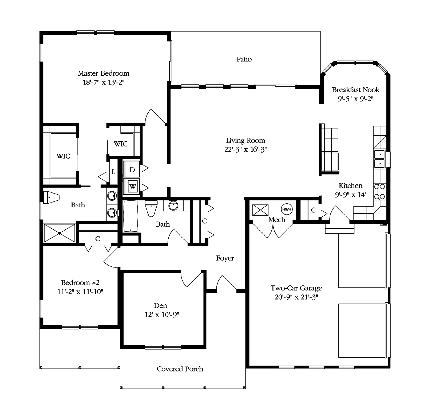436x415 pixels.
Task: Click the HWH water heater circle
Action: [x=287, y=209]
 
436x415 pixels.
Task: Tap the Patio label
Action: [x=244, y=59]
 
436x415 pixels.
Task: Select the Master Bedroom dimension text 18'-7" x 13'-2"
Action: [x=104, y=82]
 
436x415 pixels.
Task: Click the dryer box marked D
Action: [x=132, y=170]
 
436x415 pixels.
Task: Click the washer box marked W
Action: [x=133, y=186]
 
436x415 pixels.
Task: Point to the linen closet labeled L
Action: [x=113, y=172]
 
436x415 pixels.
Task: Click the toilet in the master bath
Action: [x=51, y=197]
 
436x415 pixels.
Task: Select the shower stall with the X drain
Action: [x=60, y=233]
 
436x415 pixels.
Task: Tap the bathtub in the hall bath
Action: [x=130, y=216]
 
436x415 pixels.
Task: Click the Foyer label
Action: [x=225, y=258]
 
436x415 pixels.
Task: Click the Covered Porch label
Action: [x=180, y=369]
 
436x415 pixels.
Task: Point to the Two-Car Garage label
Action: [x=296, y=288]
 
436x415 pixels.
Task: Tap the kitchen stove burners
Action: [x=380, y=192]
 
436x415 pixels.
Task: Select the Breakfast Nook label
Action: [x=355, y=90]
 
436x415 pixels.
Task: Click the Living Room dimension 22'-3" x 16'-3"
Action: [x=245, y=149]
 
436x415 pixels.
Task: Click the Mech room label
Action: [x=277, y=220]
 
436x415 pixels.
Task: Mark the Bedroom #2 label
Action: [x=80, y=282]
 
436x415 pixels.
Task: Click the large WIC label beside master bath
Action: [x=63, y=156]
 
